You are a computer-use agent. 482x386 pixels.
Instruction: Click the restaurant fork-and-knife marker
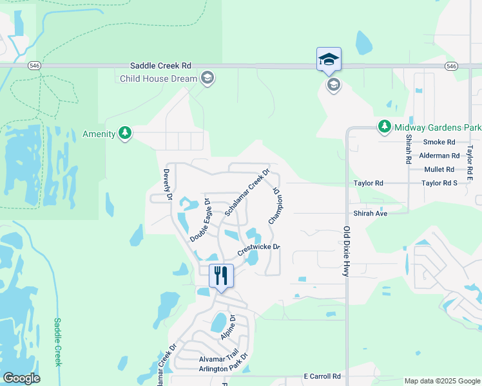coord(221,276)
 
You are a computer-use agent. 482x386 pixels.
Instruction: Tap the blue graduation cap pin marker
coord(329,60)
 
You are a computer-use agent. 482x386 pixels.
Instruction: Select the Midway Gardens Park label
coord(438,127)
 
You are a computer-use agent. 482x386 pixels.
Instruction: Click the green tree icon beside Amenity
coord(125,134)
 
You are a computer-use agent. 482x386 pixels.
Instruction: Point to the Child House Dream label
coord(159,79)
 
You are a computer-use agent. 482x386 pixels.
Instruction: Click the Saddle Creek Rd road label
coord(160,66)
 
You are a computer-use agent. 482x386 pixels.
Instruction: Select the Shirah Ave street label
coord(370,214)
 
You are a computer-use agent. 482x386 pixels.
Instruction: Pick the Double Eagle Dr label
coord(200,221)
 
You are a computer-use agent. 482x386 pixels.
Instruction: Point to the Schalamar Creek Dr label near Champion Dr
coord(247,192)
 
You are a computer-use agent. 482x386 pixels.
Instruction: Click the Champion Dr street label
coord(276,205)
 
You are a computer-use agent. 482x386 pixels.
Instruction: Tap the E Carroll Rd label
coord(322,376)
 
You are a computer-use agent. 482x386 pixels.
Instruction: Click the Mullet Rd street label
coord(439,170)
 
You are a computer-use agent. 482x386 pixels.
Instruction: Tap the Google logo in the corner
coord(21,378)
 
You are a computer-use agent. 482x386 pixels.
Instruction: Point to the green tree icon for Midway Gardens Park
coord(384,127)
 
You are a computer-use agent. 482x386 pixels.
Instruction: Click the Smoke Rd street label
coord(439,142)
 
